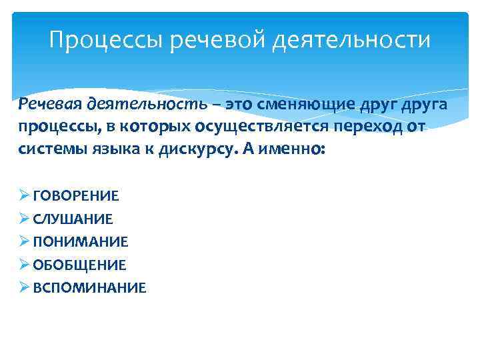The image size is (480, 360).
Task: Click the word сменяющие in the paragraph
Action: point(296,105)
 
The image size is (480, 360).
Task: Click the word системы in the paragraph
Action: point(51,150)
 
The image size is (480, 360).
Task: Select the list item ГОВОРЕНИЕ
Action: point(75,196)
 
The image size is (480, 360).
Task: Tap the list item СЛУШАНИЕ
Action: point(73,219)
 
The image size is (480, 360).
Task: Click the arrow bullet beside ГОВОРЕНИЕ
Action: point(24,196)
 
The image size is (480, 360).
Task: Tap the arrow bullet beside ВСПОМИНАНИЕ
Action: point(24,288)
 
